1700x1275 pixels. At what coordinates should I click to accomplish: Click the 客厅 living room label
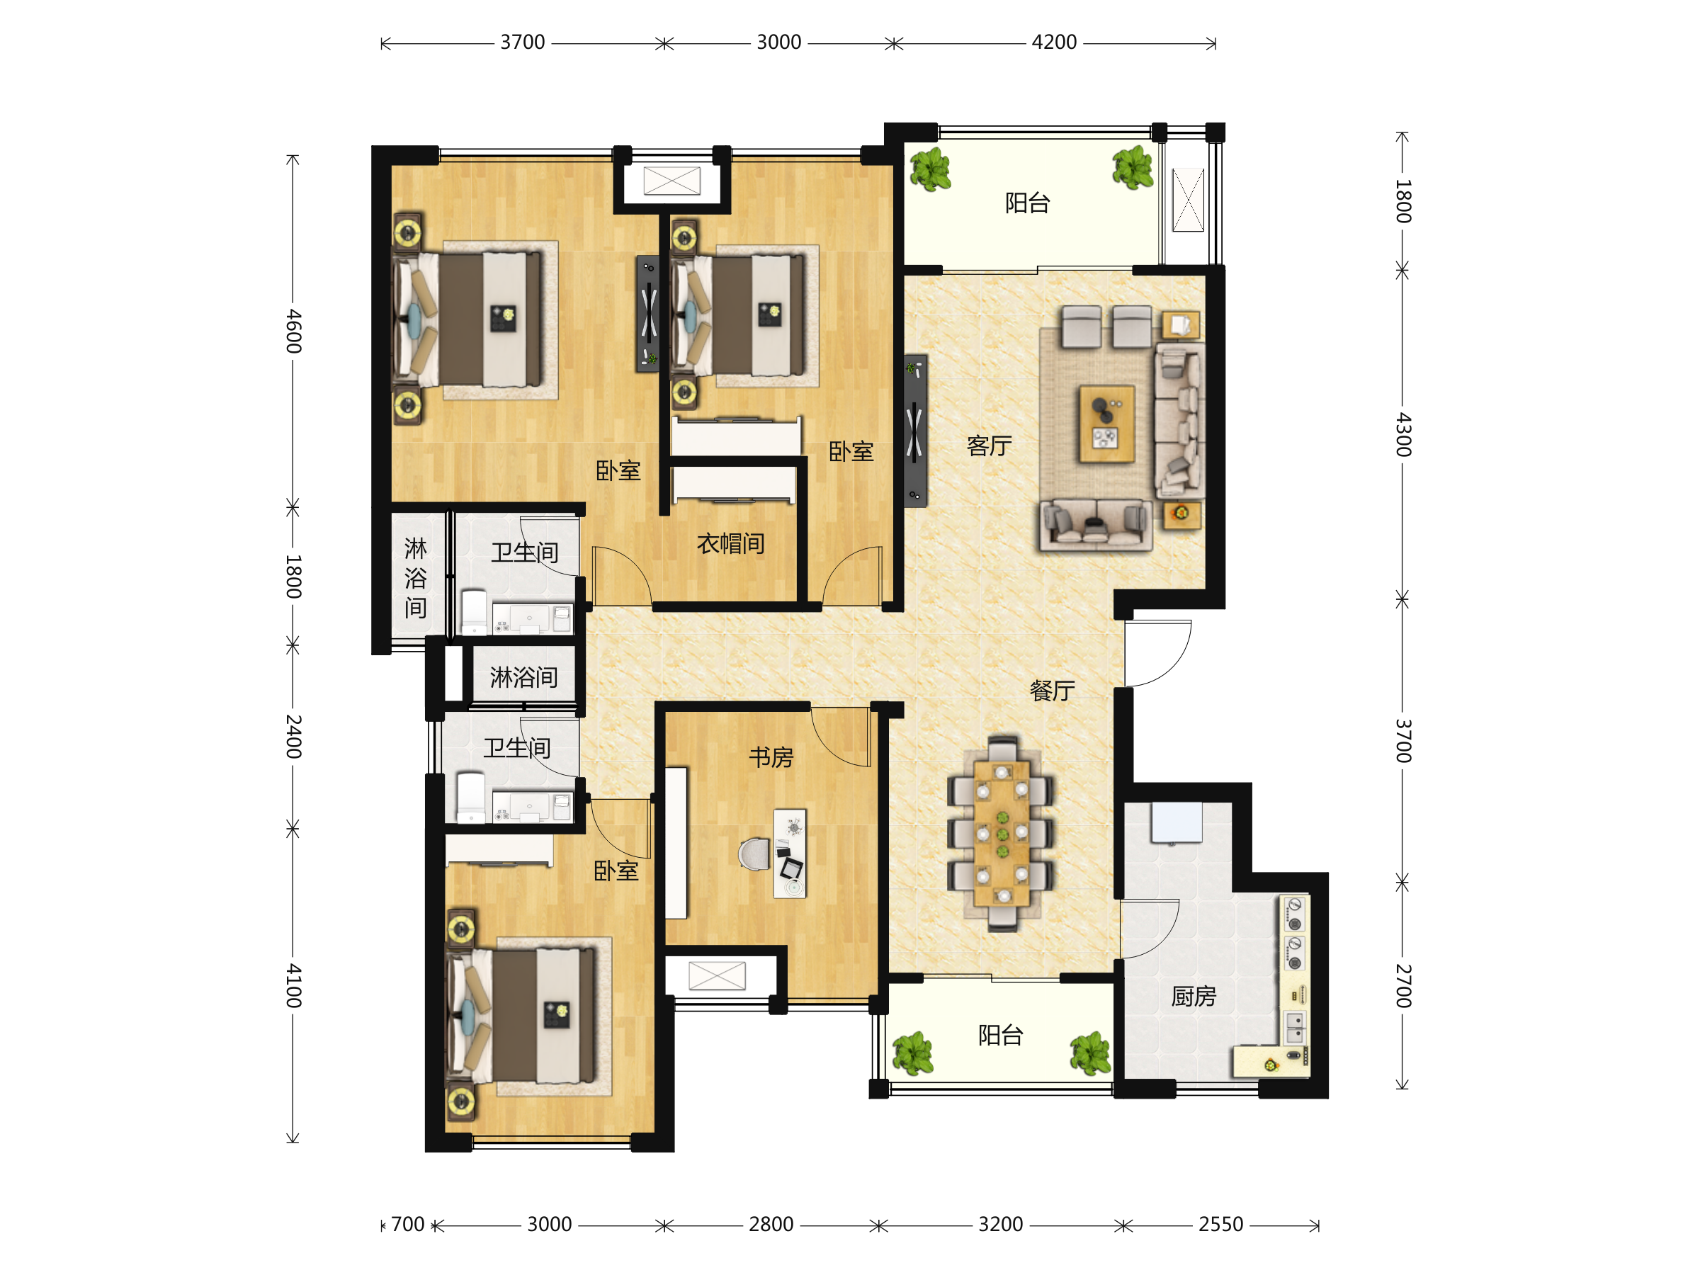coord(989,446)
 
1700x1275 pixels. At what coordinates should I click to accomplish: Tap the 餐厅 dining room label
coord(1052,691)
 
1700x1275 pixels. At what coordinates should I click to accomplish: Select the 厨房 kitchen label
coord(1194,997)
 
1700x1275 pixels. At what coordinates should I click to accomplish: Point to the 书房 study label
coord(771,758)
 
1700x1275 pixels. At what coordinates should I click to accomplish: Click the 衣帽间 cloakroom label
coord(730,544)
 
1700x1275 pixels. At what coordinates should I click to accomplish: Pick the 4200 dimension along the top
coord(1054,42)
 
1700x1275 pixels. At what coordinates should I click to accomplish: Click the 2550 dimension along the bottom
coord(1220,1224)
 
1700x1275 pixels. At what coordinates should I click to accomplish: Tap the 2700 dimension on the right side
coord(1403,986)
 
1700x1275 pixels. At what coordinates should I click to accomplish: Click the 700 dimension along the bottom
coord(407,1224)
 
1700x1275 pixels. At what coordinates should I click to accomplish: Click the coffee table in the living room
coord(1106,424)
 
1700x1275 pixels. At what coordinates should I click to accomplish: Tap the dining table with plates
coord(1002,833)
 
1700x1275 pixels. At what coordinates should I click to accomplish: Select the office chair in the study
coord(754,854)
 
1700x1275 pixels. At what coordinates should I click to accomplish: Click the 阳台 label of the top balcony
coord(1028,203)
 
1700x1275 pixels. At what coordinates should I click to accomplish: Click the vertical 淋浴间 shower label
coord(416,578)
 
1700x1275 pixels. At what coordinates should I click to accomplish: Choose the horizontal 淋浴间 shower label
coord(523,678)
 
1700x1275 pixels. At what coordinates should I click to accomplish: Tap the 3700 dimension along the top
coord(523,42)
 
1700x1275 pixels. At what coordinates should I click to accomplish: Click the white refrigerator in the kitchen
coord(1177,822)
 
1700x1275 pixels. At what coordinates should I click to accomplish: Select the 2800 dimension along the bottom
coord(771,1224)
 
